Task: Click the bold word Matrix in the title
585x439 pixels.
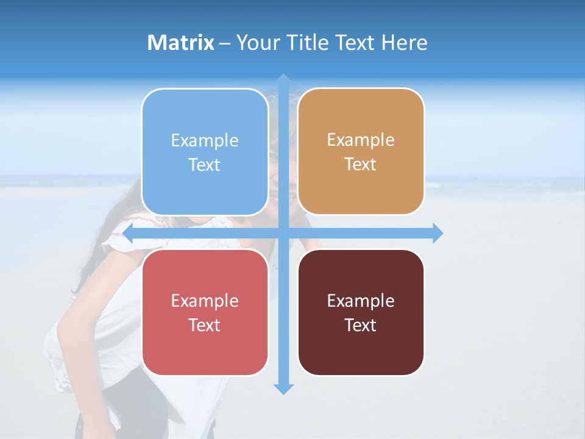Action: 181,43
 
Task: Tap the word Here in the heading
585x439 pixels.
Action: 405,43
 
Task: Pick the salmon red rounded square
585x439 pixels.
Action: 205,348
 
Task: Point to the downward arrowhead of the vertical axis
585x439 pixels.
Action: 283,388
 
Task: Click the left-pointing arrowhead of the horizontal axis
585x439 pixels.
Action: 128,233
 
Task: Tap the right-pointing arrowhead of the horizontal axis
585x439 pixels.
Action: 438,233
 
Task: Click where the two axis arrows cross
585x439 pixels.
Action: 283,233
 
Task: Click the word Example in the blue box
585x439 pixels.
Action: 205,141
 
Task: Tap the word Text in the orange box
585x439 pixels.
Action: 361,165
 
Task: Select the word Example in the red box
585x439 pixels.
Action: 205,301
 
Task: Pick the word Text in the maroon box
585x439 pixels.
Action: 361,325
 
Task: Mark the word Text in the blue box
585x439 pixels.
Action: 205,165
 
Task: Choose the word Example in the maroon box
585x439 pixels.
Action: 361,301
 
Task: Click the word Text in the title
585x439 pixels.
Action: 356,43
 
